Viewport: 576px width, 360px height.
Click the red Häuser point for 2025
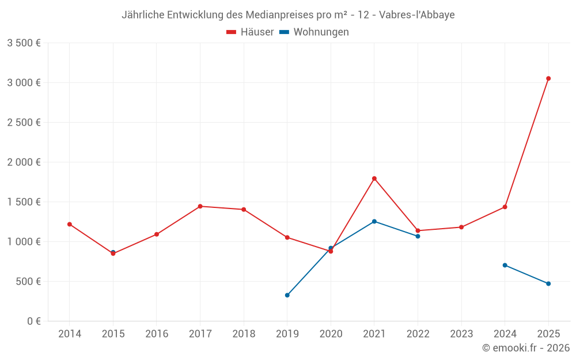click(x=548, y=78)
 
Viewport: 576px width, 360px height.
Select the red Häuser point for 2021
click(x=374, y=179)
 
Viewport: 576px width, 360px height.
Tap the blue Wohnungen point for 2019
click(x=287, y=295)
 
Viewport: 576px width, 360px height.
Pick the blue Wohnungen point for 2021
click(x=374, y=221)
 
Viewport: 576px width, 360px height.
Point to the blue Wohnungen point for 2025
click(x=548, y=283)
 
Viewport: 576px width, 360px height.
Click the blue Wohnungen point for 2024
click(x=505, y=265)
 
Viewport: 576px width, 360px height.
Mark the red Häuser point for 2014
click(x=70, y=224)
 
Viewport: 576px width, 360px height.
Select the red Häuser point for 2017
click(x=200, y=206)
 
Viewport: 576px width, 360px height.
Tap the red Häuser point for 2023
click(x=461, y=227)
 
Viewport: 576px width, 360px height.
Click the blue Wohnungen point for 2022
click(x=418, y=236)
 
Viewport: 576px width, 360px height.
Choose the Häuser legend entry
click(x=251, y=32)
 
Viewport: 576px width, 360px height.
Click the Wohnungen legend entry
click(x=314, y=32)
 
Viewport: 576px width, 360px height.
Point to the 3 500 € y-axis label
click(x=24, y=43)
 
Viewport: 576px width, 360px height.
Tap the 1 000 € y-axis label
click(x=24, y=242)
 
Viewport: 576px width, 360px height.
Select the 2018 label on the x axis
click(x=244, y=334)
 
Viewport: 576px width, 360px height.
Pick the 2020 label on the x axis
click(x=331, y=334)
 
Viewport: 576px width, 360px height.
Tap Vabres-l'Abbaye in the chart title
click(x=417, y=15)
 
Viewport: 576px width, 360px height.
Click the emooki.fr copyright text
click(x=526, y=348)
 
